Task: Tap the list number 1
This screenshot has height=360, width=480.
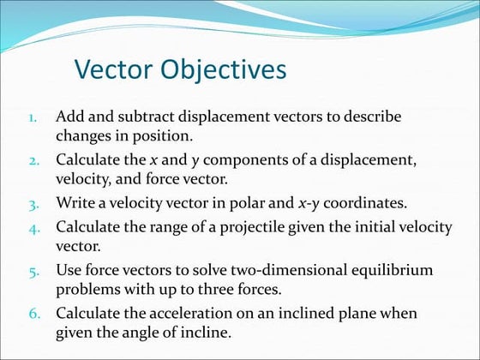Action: [x=29, y=117]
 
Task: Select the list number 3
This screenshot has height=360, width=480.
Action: [x=29, y=204]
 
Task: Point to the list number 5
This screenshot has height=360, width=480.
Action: [x=29, y=271]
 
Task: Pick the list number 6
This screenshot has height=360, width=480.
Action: [x=29, y=315]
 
